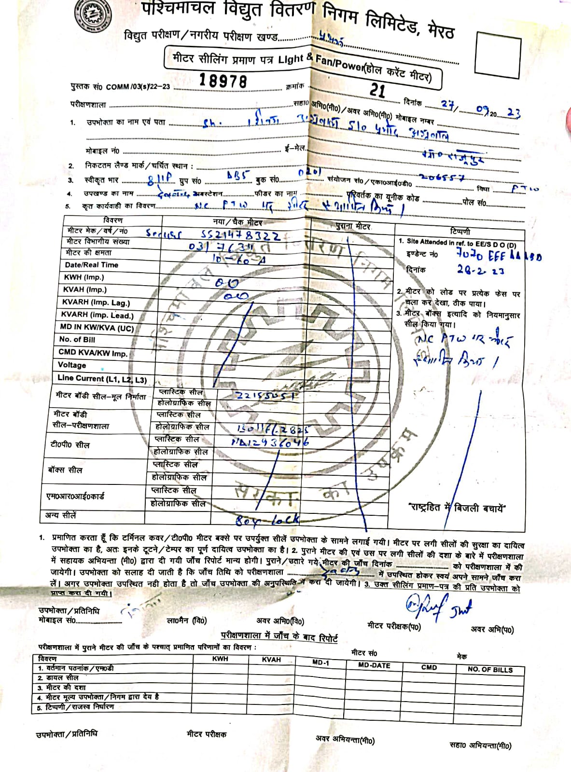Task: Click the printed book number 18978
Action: [223, 80]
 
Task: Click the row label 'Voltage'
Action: [72, 365]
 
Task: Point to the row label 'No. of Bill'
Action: [77, 340]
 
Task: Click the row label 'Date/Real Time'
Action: [91, 265]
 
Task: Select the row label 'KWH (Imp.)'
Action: [84, 277]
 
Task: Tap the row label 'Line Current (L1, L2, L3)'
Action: [102, 379]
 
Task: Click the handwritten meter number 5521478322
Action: [240, 235]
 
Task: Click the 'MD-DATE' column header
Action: [374, 665]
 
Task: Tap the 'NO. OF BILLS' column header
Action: [490, 670]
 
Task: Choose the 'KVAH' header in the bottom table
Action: [271, 660]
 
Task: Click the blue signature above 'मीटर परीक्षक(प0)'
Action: [437, 607]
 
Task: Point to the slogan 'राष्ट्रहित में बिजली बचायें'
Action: [457, 508]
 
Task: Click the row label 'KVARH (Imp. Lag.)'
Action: [96, 303]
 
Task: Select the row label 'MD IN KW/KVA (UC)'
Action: [97, 328]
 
